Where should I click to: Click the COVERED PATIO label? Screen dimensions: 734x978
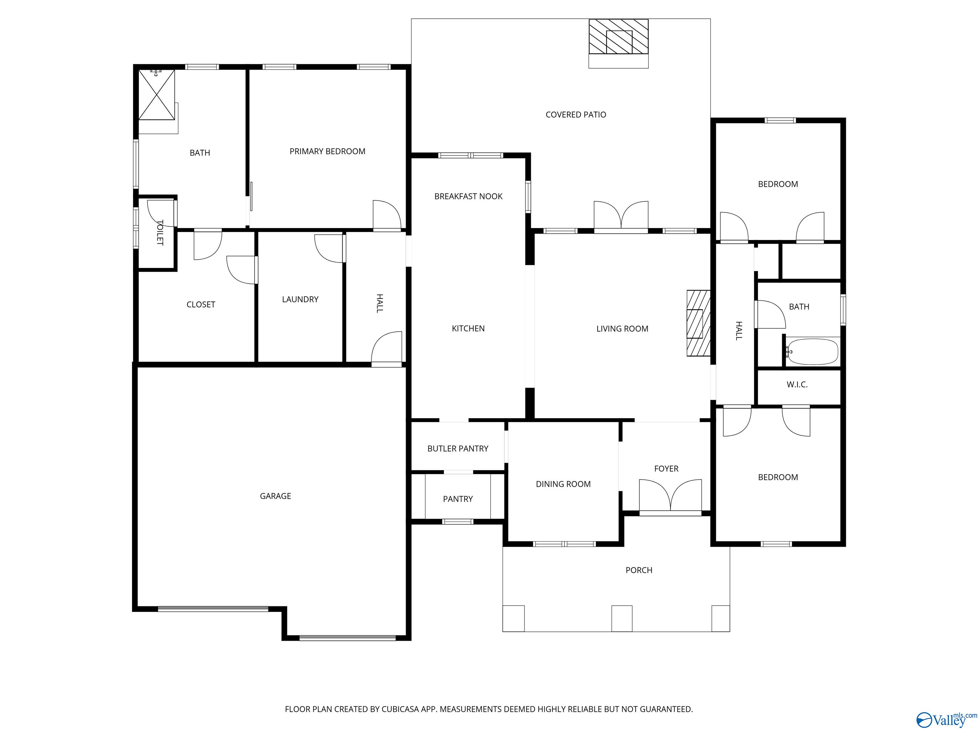[x=576, y=115]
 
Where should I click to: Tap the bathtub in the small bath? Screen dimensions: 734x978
[x=813, y=352]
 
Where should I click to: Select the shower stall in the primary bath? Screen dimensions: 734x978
[x=157, y=94]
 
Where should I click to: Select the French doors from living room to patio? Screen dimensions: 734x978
[x=621, y=216]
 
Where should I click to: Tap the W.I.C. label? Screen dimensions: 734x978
[x=797, y=385]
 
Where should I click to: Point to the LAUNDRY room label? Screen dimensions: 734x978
[x=300, y=299]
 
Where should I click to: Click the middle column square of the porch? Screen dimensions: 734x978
[x=622, y=618]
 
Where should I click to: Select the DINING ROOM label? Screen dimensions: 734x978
[x=563, y=484]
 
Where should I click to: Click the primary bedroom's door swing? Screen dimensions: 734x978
[x=386, y=215]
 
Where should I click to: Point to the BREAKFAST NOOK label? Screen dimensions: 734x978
[x=468, y=197]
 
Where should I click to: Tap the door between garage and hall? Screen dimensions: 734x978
[x=387, y=349]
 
